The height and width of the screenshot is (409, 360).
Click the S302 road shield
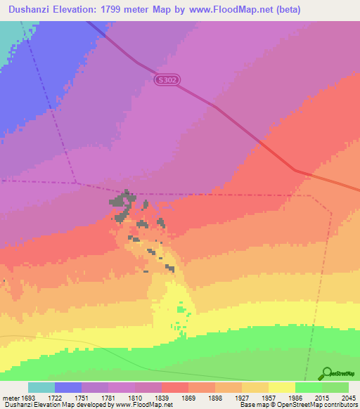point(168,80)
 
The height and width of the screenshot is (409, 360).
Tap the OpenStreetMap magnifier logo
point(325,373)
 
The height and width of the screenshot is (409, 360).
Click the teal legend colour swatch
point(41,387)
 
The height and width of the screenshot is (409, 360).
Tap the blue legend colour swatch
point(68,387)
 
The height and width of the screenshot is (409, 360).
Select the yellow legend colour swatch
point(282,387)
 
